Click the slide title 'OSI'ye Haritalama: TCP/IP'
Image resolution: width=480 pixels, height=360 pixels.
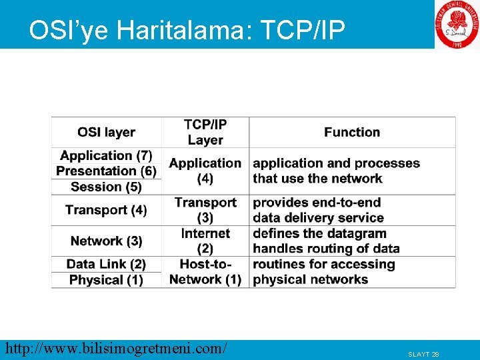coord(187,30)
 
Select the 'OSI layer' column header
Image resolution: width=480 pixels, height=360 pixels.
coord(106,132)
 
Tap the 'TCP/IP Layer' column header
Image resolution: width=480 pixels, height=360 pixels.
coord(205,132)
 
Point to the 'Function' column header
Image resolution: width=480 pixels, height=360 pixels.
coord(352,132)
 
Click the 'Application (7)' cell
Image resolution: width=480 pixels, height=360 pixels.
coord(106,155)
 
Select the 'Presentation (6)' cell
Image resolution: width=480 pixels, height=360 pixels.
coord(106,171)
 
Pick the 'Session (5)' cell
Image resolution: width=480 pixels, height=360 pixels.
coord(106,187)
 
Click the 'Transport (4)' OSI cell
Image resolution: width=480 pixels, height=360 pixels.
coord(106,210)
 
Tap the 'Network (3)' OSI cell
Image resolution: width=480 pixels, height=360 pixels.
coord(106,241)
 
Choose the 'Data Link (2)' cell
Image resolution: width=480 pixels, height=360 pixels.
coord(106,264)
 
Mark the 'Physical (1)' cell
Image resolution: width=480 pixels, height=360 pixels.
coord(106,280)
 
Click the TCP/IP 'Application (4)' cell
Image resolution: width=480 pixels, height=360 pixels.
coord(205,171)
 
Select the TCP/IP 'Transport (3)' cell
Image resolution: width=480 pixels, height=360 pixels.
coord(205,210)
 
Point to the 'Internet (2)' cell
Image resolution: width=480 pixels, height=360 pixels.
coord(205,241)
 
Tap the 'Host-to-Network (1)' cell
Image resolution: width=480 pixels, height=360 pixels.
coord(205,272)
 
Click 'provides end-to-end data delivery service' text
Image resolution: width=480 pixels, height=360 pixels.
coord(318,210)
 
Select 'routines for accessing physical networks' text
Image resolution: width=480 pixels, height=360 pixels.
coord(324,272)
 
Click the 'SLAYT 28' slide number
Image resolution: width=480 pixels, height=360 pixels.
coord(423,354)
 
